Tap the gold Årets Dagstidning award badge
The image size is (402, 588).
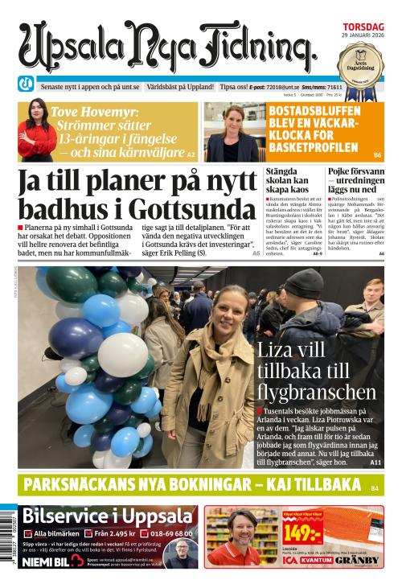[360, 61]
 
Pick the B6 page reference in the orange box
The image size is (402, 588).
[376, 154]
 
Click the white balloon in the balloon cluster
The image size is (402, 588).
[123, 354]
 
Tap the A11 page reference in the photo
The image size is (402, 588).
[375, 463]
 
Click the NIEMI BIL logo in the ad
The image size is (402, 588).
[50, 561]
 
